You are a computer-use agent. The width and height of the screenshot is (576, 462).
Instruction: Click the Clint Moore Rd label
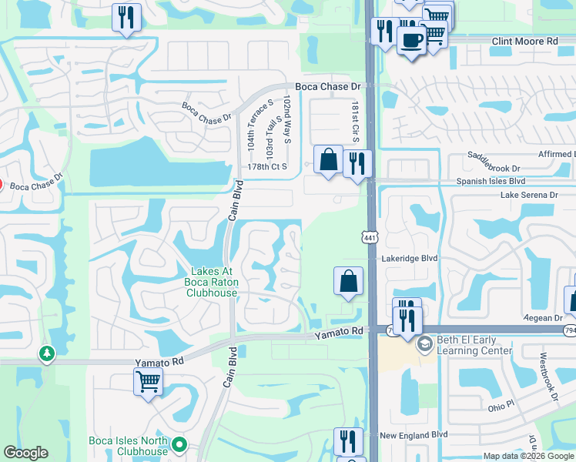tap(526, 40)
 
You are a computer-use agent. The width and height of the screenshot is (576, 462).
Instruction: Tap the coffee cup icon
tap(412, 40)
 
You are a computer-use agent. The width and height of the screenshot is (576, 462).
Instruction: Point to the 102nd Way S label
tap(286, 120)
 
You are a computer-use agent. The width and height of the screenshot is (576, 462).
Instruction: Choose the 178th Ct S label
tap(267, 166)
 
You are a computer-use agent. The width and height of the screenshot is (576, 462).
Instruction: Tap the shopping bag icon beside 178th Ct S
tap(328, 160)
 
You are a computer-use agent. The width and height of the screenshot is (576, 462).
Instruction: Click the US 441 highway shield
tap(370, 238)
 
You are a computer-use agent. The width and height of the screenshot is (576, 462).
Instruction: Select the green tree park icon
tap(47, 353)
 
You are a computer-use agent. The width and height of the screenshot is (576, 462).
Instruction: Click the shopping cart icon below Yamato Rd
tap(148, 380)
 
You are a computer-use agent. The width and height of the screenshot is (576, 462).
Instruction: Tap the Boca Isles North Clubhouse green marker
tap(179, 444)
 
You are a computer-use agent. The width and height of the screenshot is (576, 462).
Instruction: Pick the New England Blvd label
tap(414, 435)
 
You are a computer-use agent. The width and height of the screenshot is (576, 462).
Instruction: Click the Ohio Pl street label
tap(500, 405)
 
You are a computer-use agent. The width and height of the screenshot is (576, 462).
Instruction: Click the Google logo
tap(26, 453)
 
